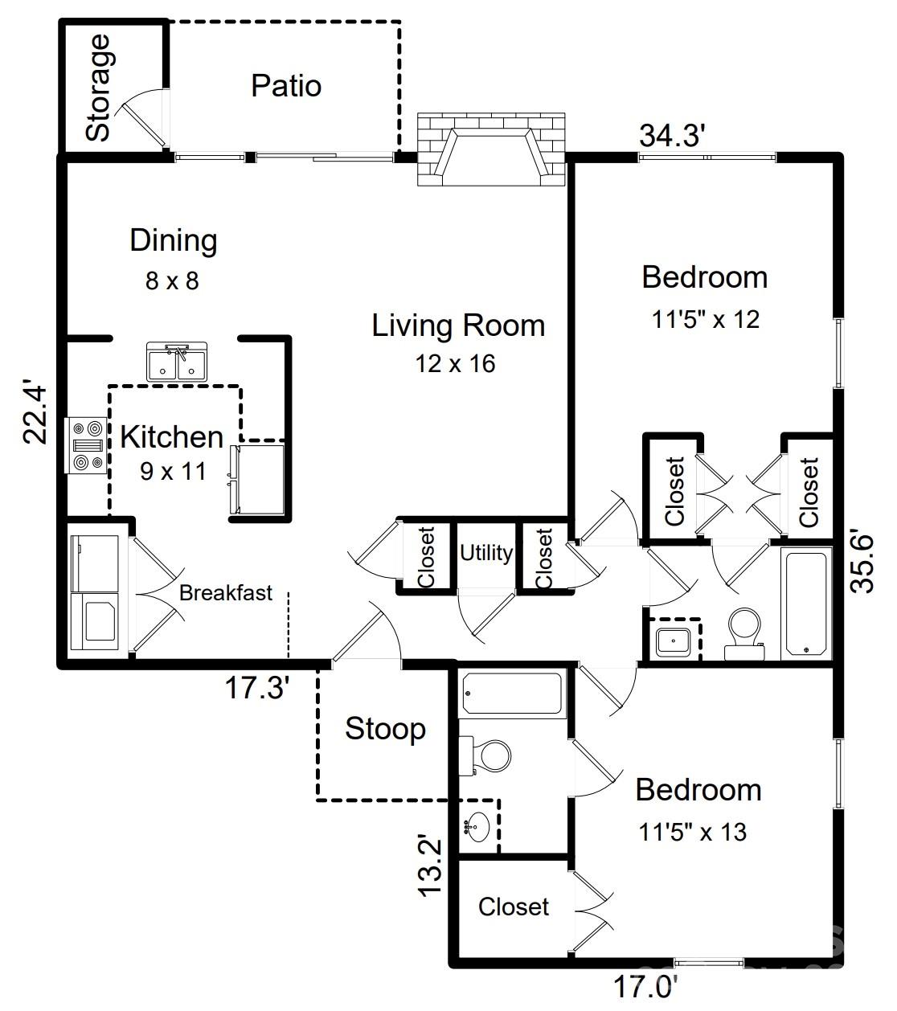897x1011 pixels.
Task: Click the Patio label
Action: click(286, 86)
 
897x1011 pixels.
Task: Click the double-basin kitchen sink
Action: click(177, 362)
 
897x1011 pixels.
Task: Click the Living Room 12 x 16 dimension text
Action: click(455, 364)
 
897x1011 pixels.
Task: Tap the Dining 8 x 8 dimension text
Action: click(172, 281)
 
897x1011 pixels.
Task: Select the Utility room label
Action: click(486, 553)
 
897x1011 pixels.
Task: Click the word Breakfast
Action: click(225, 594)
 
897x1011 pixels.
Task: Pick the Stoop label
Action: click(385, 729)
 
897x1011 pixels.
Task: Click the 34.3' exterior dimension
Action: click(672, 136)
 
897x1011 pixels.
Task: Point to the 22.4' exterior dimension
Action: click(37, 411)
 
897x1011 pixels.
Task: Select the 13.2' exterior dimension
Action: click(430, 866)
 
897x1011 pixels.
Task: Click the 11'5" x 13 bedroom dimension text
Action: click(692, 833)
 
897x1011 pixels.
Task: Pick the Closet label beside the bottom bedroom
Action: click(513, 907)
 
